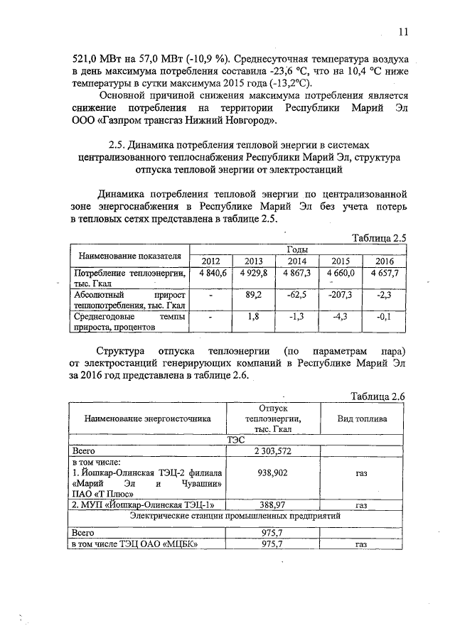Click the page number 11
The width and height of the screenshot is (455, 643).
(x=404, y=32)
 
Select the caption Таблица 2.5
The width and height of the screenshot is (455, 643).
(x=379, y=238)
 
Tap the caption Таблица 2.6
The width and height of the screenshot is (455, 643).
(x=379, y=396)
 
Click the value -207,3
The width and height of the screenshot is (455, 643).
(x=341, y=294)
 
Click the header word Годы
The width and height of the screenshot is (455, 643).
(x=296, y=249)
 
